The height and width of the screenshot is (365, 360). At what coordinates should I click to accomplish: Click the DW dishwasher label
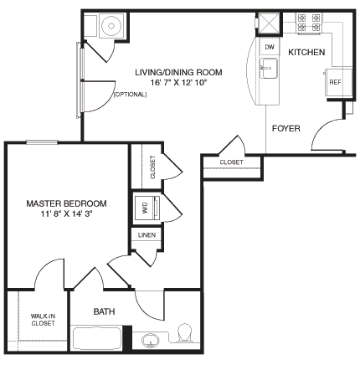[x=270, y=48]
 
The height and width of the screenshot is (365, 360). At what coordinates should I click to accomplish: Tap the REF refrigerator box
[x=335, y=81]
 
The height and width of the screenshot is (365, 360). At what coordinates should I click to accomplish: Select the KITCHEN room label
[x=306, y=53]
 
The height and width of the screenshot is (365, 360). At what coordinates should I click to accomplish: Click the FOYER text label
[x=286, y=128]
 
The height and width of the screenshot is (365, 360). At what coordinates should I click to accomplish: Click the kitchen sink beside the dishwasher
[x=268, y=71]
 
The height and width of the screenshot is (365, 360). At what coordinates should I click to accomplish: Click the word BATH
[x=104, y=311]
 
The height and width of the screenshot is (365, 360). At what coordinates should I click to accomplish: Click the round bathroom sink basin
[x=152, y=341]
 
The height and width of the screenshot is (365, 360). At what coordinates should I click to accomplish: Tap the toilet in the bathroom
[x=186, y=336]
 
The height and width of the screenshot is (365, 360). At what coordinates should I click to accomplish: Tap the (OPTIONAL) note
[x=130, y=94]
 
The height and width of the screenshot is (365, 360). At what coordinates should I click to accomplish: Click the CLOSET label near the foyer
[x=232, y=162]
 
